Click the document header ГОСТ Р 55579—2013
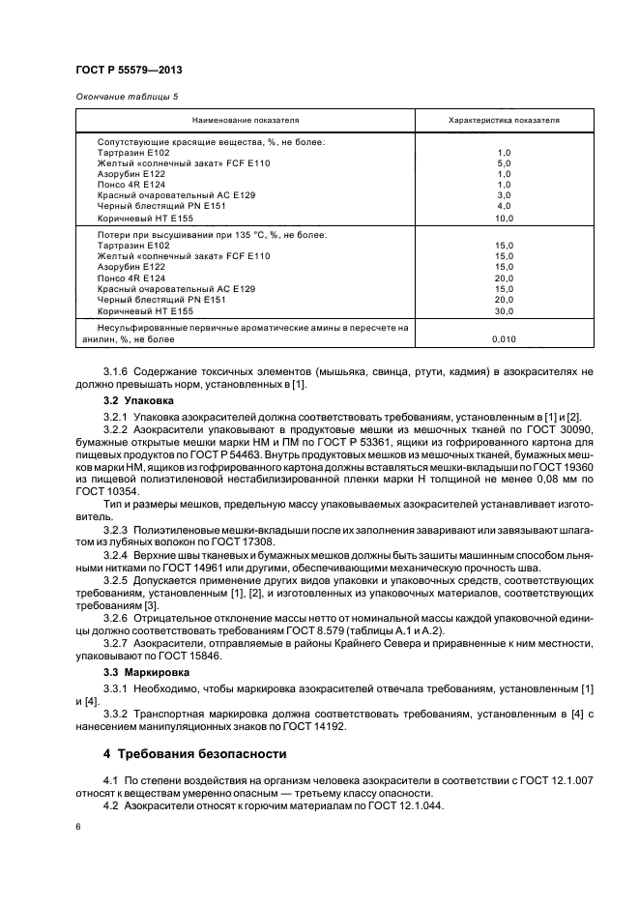point(129,72)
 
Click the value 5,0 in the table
point(503,164)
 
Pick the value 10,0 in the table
point(503,219)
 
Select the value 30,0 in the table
point(503,311)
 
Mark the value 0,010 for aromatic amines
point(503,339)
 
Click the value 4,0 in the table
point(503,205)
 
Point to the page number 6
point(77,827)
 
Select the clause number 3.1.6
point(117,370)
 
